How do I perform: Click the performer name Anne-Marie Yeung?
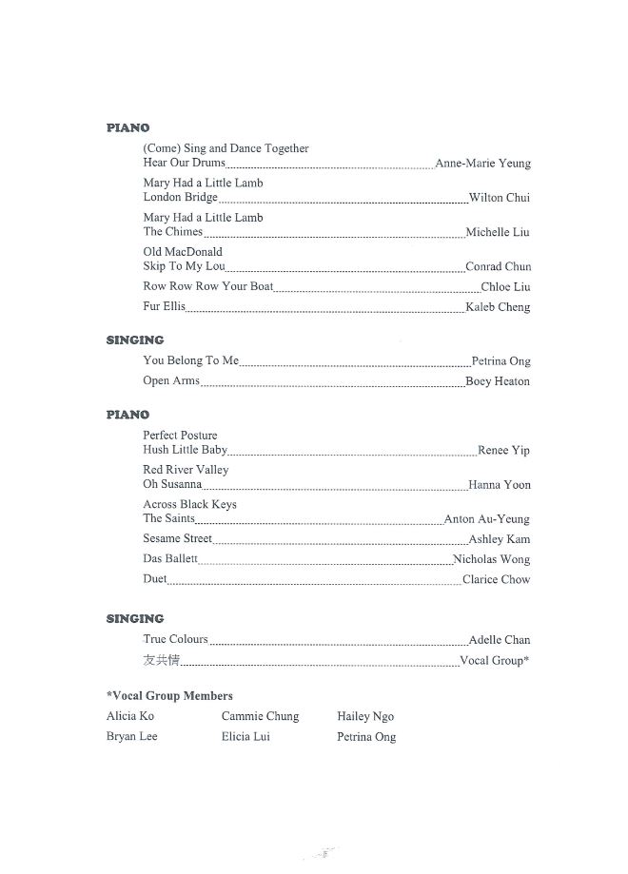(x=482, y=164)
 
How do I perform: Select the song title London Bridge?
(x=180, y=198)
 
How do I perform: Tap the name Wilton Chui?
(x=499, y=198)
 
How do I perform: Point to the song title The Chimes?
(x=172, y=232)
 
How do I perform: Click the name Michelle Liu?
(x=498, y=232)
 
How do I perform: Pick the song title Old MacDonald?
(x=183, y=252)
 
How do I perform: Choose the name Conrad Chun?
(x=498, y=266)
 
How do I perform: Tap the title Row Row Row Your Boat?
(x=207, y=286)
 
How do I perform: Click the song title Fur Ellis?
(x=164, y=307)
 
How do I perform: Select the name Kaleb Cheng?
(x=498, y=307)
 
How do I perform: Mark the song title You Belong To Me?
(x=190, y=361)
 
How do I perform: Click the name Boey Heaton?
(x=498, y=381)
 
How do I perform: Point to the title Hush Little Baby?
(x=185, y=450)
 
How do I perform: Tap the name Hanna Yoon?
(x=500, y=485)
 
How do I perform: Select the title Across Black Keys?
(x=189, y=504)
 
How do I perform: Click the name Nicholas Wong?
(x=491, y=559)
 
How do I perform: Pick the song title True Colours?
(x=175, y=640)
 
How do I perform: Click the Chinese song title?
(x=161, y=660)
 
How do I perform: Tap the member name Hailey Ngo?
(x=365, y=716)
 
